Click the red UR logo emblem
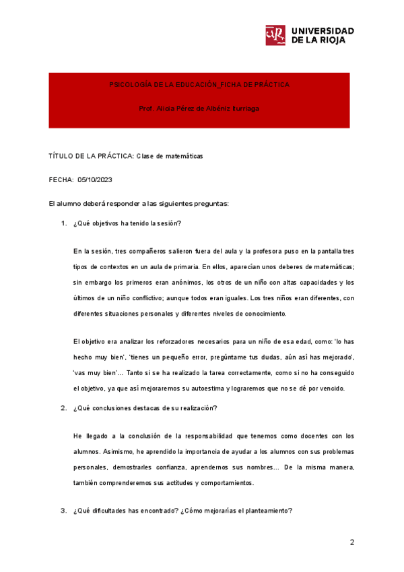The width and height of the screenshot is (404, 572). (276, 36)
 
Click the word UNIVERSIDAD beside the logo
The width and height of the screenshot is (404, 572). (323, 31)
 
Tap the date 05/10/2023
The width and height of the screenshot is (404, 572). (95, 180)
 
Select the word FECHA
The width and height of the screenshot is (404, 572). (61, 180)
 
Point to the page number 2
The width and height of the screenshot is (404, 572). (351, 542)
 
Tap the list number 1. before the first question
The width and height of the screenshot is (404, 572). (64, 223)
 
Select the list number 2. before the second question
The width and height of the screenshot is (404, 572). (64, 407)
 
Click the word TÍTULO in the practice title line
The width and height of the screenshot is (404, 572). (61, 156)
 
